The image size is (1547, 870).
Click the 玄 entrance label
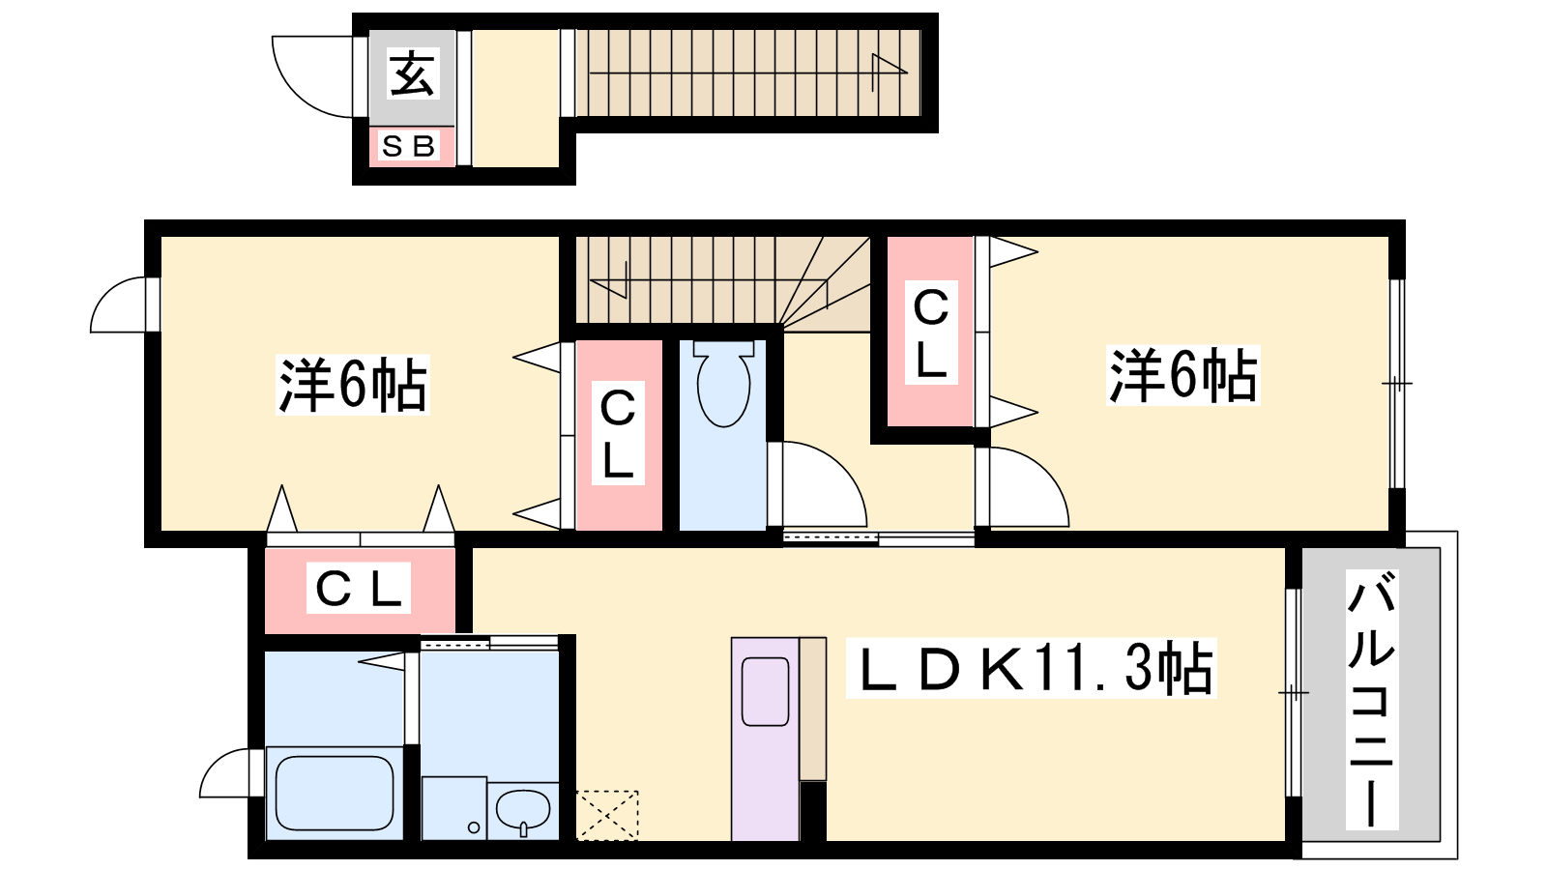[x=412, y=73]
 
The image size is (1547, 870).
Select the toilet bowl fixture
[x=723, y=384]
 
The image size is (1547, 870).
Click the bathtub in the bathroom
[x=335, y=793]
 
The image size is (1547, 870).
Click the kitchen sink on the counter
[x=765, y=692]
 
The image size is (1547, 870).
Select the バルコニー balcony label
[x=1372, y=700]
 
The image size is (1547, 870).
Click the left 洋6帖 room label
[x=352, y=385]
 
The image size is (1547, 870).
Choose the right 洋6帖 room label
[x=1182, y=375]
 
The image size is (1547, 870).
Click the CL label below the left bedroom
[x=359, y=589]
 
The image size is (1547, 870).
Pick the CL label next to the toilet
[x=618, y=434]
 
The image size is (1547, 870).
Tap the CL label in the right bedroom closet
[x=930, y=333]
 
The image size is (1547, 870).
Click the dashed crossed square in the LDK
[x=607, y=816]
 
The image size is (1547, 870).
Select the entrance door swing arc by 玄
[x=312, y=76]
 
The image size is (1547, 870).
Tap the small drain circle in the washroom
[x=474, y=827]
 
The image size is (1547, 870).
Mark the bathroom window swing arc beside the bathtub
[x=224, y=772]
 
